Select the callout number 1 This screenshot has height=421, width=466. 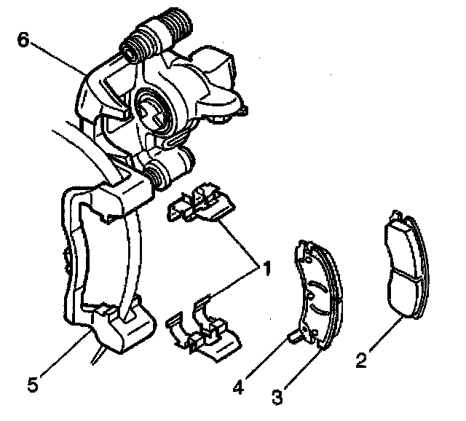point(266,269)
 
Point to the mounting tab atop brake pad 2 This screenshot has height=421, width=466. point(396,216)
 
